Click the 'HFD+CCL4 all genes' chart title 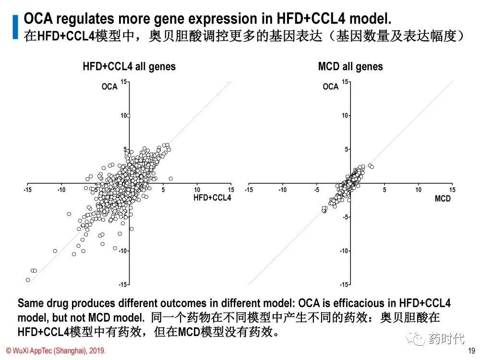click(129, 67)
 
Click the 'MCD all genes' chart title click(350, 67)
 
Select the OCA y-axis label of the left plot click(109, 86)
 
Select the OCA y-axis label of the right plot click(331, 86)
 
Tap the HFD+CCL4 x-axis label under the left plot click(212, 198)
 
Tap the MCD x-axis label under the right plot click(443, 198)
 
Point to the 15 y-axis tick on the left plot click(123, 82)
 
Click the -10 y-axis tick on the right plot click(344, 251)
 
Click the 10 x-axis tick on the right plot click(419, 190)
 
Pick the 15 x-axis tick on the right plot click(452, 190)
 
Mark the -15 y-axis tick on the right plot click(344, 285)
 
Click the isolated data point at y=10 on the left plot click(129, 116)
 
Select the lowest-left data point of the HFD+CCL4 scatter click(28, 280)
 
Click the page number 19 click(471, 350)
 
